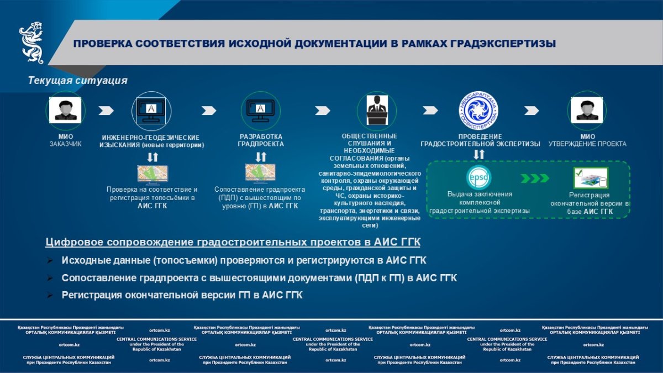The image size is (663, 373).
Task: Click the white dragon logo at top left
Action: [31, 43]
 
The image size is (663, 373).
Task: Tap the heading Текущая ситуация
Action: [78, 81]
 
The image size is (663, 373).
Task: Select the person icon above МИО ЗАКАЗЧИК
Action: [65, 109]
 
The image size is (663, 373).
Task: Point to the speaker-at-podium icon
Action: [377, 110]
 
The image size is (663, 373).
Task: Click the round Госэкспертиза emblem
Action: [478, 110]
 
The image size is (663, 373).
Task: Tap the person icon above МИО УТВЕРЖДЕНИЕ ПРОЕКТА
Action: [587, 109]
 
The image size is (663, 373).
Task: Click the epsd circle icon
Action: [478, 177]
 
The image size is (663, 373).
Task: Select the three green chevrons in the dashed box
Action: [535, 178]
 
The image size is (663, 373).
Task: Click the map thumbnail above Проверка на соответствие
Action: [152, 174]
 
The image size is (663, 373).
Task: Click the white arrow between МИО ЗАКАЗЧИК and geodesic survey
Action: [106, 110]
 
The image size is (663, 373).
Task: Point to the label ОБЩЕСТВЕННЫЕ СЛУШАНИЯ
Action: [369, 140]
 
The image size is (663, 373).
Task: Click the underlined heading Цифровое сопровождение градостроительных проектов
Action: [233, 243]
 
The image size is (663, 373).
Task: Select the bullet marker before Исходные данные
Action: [50, 260]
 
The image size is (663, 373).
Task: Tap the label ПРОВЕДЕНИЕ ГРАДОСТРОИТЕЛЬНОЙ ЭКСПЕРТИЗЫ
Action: [480, 140]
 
